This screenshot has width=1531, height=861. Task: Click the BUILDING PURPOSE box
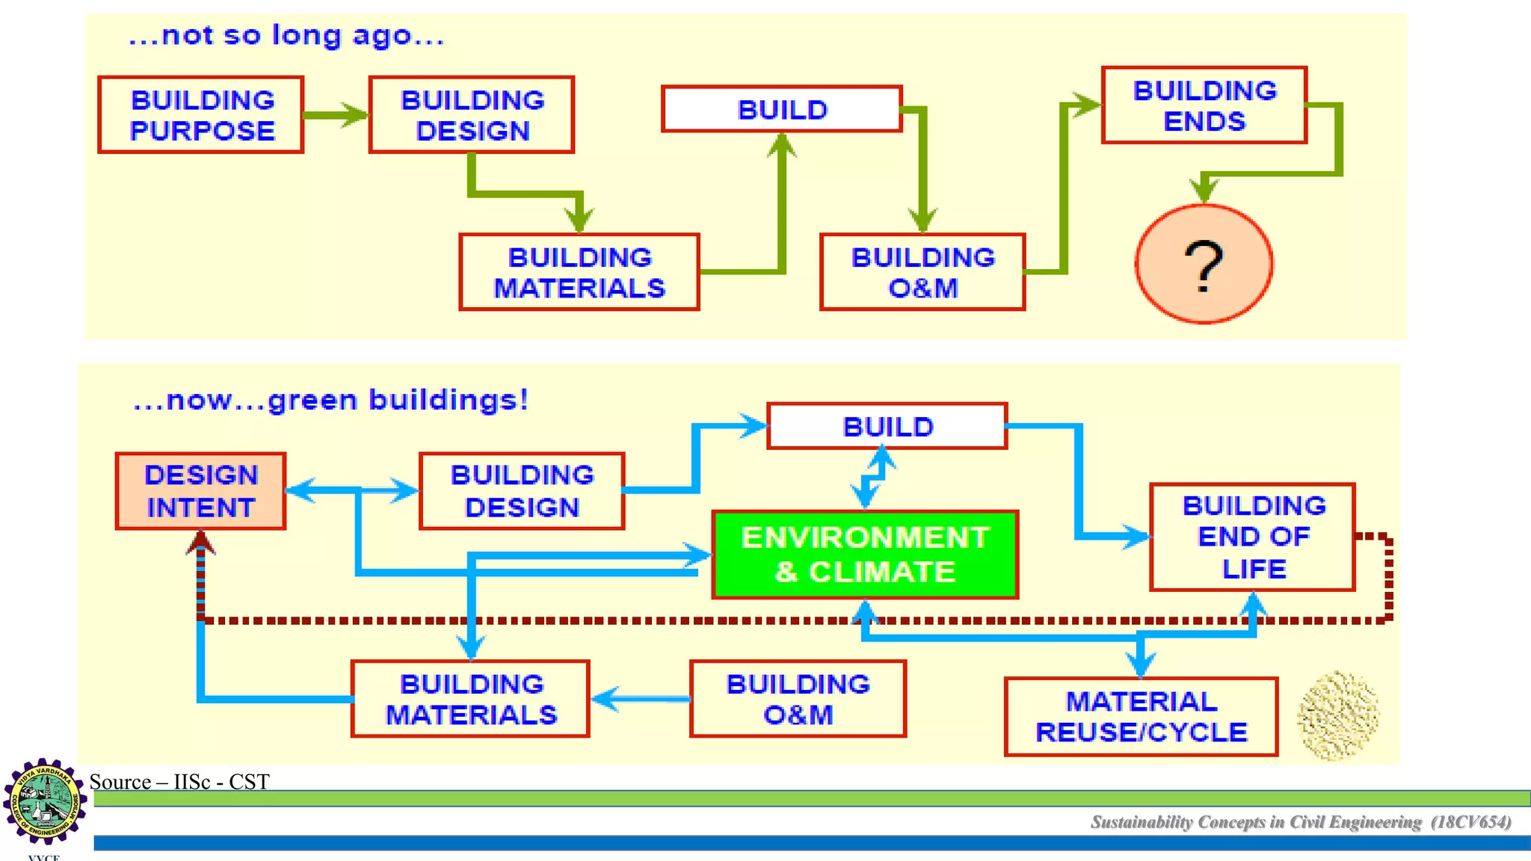tap(200, 115)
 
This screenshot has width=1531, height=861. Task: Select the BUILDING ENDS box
tap(1204, 105)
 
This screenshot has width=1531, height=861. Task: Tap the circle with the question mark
tap(1204, 264)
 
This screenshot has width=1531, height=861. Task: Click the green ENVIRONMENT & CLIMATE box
tap(865, 555)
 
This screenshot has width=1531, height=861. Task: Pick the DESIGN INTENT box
tap(200, 491)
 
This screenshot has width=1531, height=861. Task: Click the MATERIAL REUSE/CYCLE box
tap(1141, 717)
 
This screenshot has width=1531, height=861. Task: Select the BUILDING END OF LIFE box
tap(1252, 537)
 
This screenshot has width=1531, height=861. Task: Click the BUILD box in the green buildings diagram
tap(887, 426)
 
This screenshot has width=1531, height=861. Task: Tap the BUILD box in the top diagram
tap(781, 109)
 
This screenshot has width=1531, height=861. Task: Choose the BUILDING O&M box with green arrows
tap(922, 272)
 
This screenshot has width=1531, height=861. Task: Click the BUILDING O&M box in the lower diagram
tap(798, 699)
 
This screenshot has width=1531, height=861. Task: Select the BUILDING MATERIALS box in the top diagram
tap(579, 272)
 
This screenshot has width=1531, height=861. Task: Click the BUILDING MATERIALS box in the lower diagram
tap(470, 699)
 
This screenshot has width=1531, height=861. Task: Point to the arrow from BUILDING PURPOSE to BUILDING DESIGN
tap(336, 115)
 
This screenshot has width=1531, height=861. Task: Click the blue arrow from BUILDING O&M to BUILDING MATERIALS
tap(640, 700)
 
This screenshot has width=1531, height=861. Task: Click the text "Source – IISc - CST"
tap(179, 782)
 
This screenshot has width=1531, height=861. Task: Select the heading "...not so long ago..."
tap(286, 36)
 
